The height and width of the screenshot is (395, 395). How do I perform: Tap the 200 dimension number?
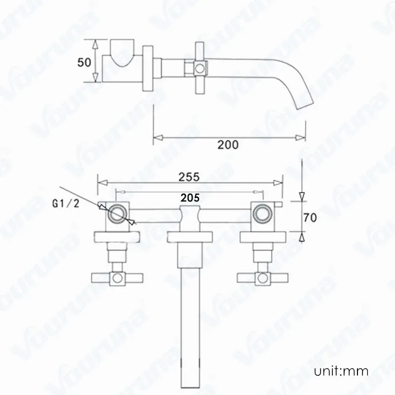pyautogui.click(x=228, y=145)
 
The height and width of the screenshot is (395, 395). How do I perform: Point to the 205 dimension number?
pyautogui.click(x=190, y=197)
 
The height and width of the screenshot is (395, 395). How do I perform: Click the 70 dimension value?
pyautogui.click(x=311, y=216)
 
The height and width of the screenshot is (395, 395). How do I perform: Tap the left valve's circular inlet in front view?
pyautogui.click(x=118, y=214)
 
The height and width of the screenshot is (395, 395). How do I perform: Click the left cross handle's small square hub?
pyautogui.click(x=118, y=277)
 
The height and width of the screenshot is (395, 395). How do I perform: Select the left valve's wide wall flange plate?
pyautogui.click(x=118, y=237)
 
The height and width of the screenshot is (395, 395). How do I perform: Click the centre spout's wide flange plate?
pyautogui.click(x=190, y=237)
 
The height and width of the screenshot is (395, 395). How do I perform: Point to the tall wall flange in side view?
pyautogui.click(x=147, y=68)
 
